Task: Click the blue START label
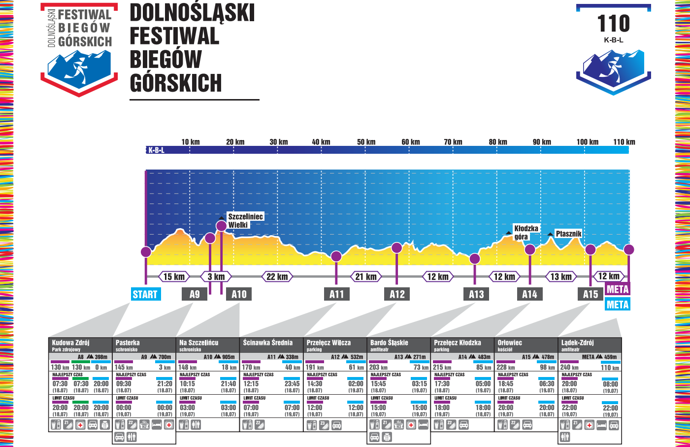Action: click(145, 294)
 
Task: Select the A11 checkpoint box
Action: click(337, 294)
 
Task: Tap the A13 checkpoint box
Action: click(476, 294)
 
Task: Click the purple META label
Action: click(617, 289)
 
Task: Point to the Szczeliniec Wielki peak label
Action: click(245, 220)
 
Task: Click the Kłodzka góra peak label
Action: click(526, 232)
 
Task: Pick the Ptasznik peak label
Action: click(568, 234)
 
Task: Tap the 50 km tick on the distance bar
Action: click(366, 142)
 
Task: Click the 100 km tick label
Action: click(587, 142)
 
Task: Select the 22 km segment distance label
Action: click(277, 276)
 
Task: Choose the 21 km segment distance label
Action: click(366, 276)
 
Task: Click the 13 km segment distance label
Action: click(561, 276)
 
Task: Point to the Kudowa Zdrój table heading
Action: click(71, 343)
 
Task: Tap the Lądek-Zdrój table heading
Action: click(577, 343)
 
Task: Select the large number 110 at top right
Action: click(613, 23)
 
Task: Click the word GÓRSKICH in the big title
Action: click(176, 83)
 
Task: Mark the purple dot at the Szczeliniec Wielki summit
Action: click(222, 226)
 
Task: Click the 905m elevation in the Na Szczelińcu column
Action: click(228, 357)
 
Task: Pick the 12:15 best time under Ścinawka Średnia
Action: click(251, 383)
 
